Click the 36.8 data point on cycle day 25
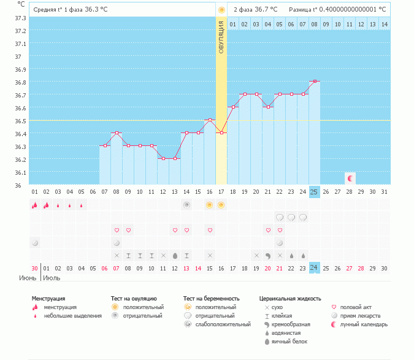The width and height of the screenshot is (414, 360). tap(315, 81)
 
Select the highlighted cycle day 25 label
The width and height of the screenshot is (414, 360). tap(314, 192)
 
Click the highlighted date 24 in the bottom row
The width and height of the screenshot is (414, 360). tap(314, 268)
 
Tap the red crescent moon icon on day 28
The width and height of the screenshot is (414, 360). tap(350, 178)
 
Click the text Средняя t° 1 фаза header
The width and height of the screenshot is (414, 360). tap(56, 10)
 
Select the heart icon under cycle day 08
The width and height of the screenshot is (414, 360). tap(117, 230)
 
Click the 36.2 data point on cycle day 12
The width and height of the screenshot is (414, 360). tap(163, 158)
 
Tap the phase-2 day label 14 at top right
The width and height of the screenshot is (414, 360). tap(384, 24)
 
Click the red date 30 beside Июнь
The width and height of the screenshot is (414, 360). tap(35, 268)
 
